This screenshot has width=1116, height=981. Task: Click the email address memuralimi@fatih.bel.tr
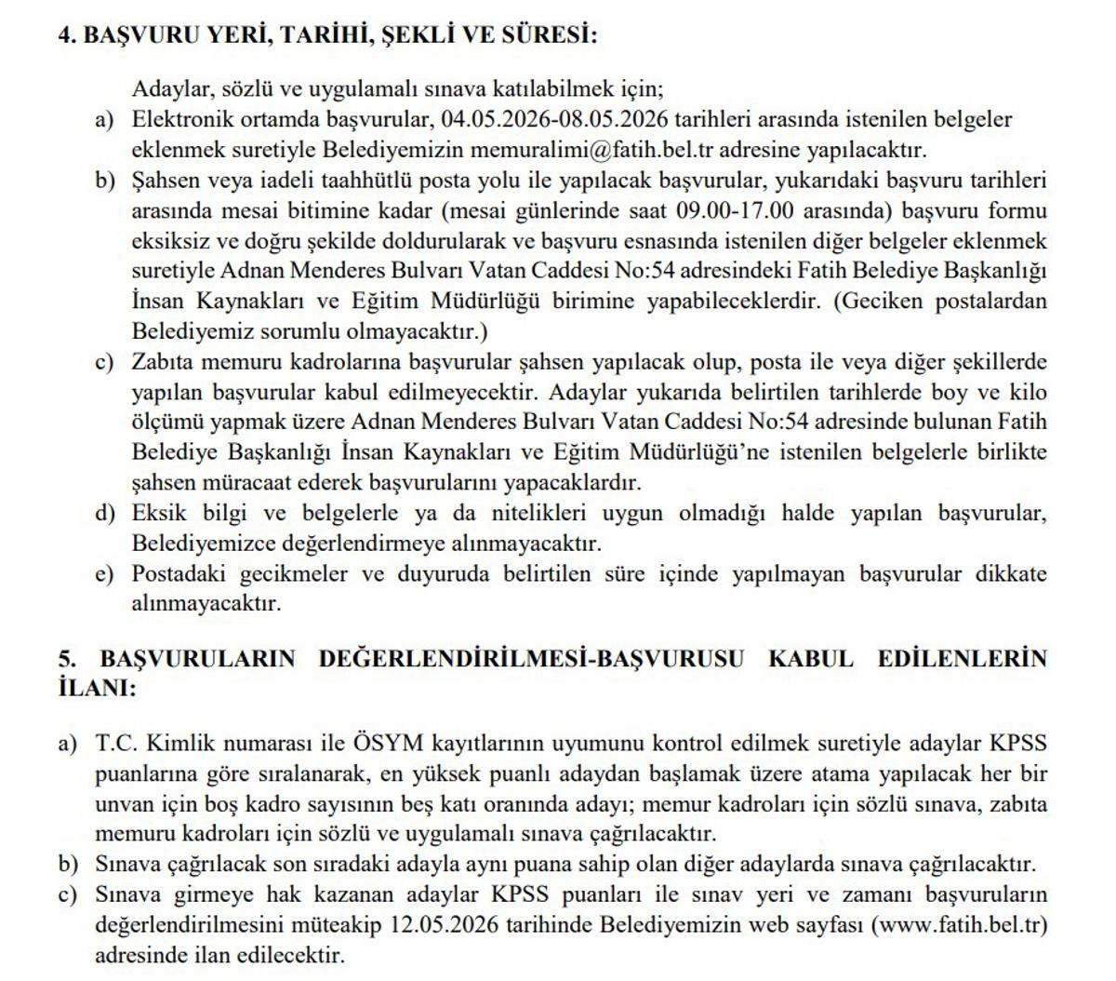point(587,150)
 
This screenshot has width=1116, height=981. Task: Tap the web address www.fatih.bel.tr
point(960,926)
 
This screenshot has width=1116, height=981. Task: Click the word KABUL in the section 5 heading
point(811,659)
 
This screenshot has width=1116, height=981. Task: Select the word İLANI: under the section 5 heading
point(97,689)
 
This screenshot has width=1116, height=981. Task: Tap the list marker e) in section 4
point(104,574)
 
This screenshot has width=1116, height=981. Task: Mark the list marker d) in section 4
point(104,514)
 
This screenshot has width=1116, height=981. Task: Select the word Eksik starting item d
point(159,514)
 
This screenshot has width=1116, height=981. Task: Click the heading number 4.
point(66,36)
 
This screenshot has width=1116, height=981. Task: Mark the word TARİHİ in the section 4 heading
point(316,36)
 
